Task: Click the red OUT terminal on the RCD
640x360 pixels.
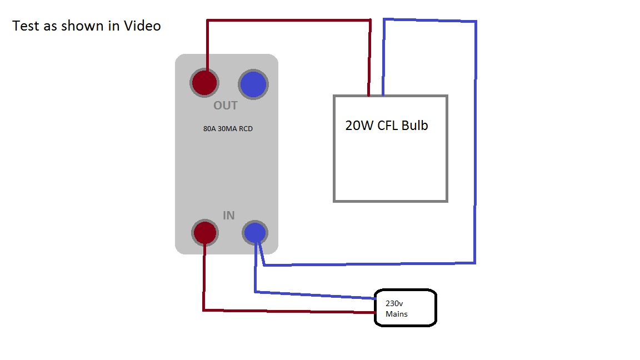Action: coord(204,83)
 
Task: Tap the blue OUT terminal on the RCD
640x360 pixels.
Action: coord(253,84)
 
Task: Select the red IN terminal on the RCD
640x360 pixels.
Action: coord(204,232)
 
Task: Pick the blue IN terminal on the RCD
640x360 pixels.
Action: coord(255,232)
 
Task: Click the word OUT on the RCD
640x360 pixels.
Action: coord(226,106)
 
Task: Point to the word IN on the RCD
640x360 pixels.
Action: coord(228,215)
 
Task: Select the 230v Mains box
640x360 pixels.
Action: coord(405,307)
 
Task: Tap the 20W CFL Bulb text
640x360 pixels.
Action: coord(387,125)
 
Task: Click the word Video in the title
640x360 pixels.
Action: coord(142,26)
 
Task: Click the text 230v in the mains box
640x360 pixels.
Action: coord(394,303)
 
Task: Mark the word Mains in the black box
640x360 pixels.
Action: coord(397,314)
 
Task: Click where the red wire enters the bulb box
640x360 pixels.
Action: coord(369,96)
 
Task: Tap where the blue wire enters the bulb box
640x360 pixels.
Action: coord(383,96)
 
